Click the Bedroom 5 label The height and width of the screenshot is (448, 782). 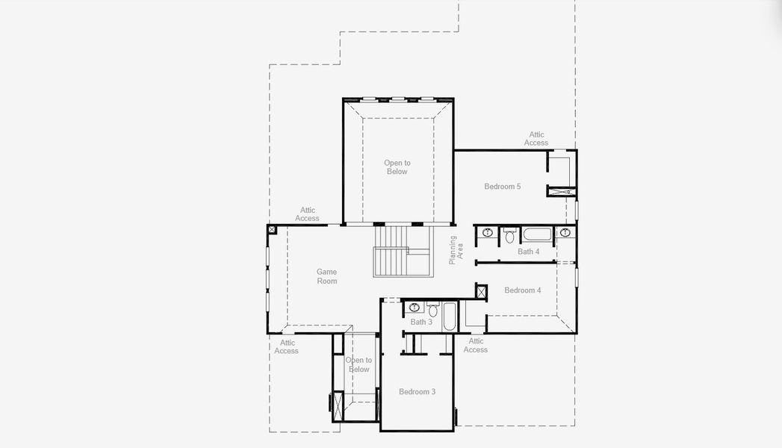(502, 187)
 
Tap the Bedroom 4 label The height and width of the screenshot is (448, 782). (523, 290)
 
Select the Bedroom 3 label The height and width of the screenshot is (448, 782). (417, 392)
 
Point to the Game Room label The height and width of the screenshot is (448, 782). (326, 276)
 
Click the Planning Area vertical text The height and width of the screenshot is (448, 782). (456, 250)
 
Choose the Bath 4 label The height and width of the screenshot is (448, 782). (528, 252)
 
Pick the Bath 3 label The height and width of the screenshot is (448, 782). (421, 322)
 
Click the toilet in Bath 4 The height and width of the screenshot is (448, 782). (509, 235)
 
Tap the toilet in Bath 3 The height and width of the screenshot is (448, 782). (433, 309)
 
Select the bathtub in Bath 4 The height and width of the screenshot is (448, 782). (537, 234)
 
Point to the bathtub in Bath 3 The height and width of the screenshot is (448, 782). (450, 317)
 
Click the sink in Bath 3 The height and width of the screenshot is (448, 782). (414, 308)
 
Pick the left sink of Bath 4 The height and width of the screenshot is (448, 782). (487, 233)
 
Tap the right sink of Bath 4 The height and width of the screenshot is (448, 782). (565, 233)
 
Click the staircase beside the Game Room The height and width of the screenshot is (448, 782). (402, 251)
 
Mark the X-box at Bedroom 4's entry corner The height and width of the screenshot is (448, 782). (481, 291)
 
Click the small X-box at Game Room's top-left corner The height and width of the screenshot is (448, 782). (272, 230)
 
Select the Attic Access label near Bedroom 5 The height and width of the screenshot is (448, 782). (536, 139)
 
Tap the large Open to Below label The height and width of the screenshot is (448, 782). (397, 167)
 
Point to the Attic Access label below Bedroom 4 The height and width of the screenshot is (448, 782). (476, 346)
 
